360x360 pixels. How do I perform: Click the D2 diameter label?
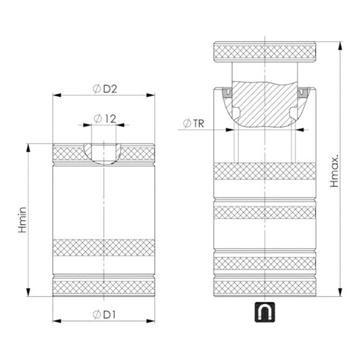click(107, 90)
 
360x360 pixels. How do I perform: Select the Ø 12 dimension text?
click(107, 118)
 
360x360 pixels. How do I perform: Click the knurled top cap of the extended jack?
click(265, 52)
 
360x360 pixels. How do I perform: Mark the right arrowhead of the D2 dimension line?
click(156, 96)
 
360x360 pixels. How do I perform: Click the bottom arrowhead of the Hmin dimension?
click(27, 291)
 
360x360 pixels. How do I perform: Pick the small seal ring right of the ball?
click(303, 93)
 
